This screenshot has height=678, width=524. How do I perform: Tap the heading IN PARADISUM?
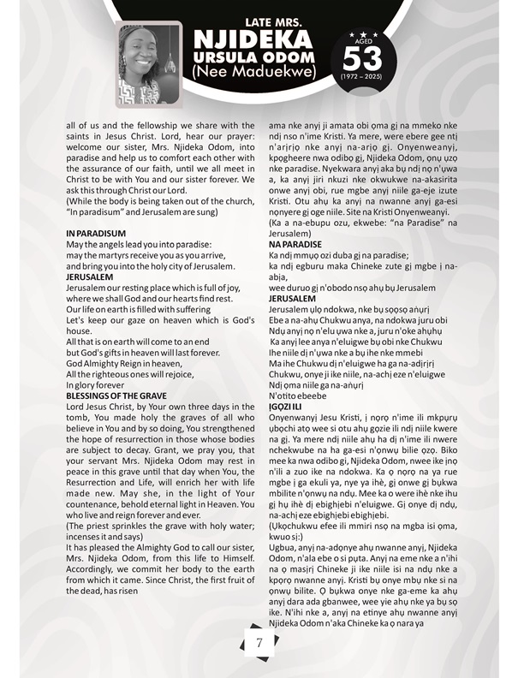(x=96, y=233)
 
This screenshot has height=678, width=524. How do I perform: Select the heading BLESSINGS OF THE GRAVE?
(x=118, y=372)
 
